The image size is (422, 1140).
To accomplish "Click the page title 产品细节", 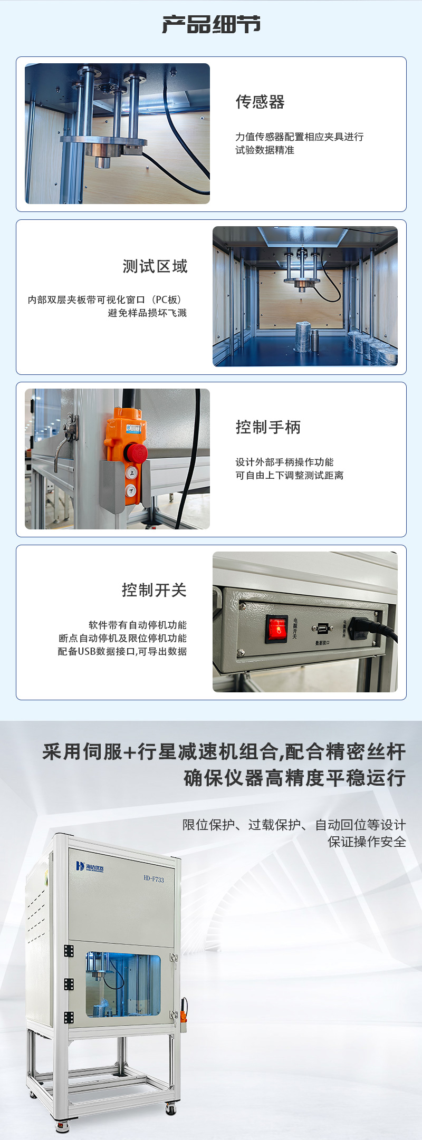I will pyautogui.click(x=211, y=25).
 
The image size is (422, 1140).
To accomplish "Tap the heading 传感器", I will pyautogui.click(x=260, y=102).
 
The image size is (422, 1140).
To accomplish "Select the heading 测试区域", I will pyautogui.click(x=155, y=266).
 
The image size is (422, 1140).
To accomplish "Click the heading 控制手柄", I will pyautogui.click(x=268, y=427).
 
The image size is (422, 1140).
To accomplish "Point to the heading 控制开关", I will pyautogui.click(x=154, y=590).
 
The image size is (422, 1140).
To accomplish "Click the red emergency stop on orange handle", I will pyautogui.click(x=135, y=452).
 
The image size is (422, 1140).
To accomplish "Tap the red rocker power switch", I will pyautogui.click(x=276, y=628).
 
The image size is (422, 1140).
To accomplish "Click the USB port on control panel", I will pyautogui.click(x=322, y=629).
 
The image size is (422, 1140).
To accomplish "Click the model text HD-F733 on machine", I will pyautogui.click(x=154, y=879).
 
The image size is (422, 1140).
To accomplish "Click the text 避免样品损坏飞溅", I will pyautogui.click(x=147, y=313).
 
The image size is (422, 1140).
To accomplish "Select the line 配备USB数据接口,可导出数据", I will pyautogui.click(x=122, y=652).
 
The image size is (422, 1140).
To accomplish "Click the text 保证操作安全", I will pyautogui.click(x=367, y=842).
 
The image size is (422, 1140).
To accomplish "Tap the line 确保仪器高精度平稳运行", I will pyautogui.click(x=294, y=778).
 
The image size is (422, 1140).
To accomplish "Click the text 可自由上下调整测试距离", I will pyautogui.click(x=289, y=476).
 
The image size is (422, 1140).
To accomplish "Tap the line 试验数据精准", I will pyautogui.click(x=264, y=150).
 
